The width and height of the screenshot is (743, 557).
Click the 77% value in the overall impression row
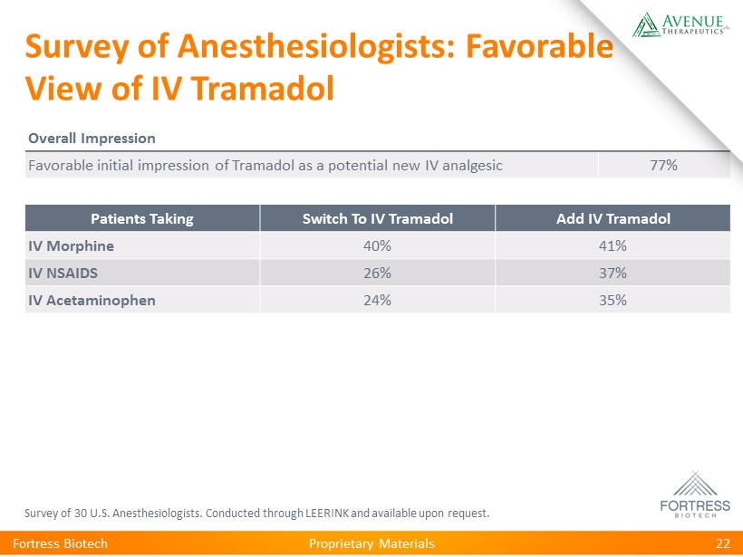tap(664, 165)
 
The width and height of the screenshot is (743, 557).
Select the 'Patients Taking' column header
tap(142, 219)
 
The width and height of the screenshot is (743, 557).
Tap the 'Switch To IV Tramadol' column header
tap(377, 219)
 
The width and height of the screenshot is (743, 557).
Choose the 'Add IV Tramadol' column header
tap(613, 219)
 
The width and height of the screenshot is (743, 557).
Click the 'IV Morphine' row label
tap(71, 246)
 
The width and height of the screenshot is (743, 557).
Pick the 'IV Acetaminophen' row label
tap(92, 301)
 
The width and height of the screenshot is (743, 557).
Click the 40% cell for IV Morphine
tap(377, 246)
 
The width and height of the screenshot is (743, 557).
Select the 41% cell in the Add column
tap(613, 246)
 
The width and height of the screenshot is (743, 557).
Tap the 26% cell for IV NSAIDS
tap(377, 274)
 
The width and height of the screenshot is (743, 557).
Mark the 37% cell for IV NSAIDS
tap(613, 274)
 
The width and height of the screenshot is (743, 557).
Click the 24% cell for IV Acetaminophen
tap(377, 301)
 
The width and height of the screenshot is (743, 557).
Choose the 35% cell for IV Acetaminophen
tap(613, 301)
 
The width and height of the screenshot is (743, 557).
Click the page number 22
tap(722, 543)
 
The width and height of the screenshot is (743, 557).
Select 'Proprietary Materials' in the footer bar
tap(371, 543)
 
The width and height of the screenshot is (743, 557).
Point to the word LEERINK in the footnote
tap(326, 514)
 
